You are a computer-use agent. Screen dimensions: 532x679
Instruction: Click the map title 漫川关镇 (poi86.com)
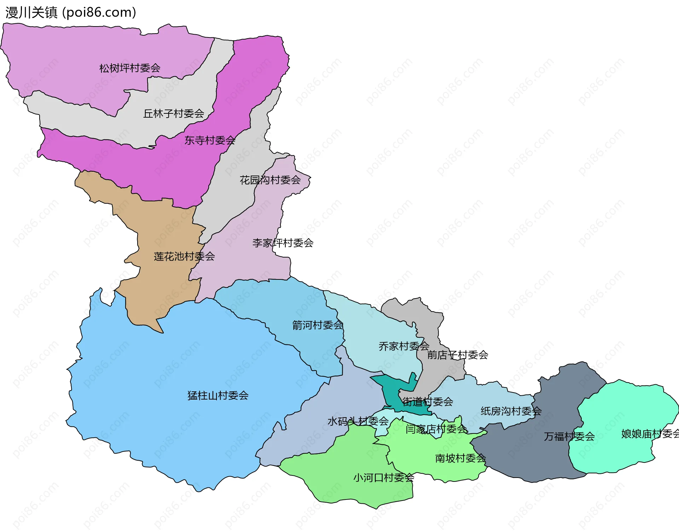click(x=71, y=13)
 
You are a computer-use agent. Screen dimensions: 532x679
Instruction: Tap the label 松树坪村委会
click(x=130, y=68)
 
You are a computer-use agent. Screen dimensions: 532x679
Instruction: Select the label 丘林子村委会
click(x=174, y=114)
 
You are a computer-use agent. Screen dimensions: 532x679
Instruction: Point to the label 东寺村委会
click(x=210, y=141)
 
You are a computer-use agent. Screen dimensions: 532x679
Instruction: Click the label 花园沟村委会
click(x=270, y=180)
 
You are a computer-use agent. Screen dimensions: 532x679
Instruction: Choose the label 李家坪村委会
click(x=283, y=243)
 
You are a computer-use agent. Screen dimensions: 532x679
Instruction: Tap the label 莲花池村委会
click(x=184, y=256)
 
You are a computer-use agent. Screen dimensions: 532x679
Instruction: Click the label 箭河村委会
click(x=318, y=325)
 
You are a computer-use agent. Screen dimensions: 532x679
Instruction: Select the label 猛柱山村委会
click(x=218, y=396)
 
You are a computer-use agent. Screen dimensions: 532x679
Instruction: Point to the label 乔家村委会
click(x=404, y=346)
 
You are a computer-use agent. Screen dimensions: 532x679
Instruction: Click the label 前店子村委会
click(x=458, y=355)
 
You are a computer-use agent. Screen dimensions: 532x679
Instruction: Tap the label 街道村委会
click(x=428, y=402)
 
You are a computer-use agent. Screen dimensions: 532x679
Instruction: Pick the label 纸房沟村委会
click(x=511, y=411)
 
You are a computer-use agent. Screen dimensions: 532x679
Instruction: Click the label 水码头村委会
click(x=358, y=421)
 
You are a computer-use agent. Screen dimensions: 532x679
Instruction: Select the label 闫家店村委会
click(x=436, y=429)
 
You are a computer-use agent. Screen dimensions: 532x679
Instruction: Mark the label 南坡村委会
click(x=460, y=459)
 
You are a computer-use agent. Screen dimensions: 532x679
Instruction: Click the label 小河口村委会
click(x=384, y=478)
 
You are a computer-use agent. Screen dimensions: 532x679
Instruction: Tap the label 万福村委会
click(x=569, y=437)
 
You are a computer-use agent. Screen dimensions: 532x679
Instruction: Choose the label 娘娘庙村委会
click(x=650, y=434)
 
